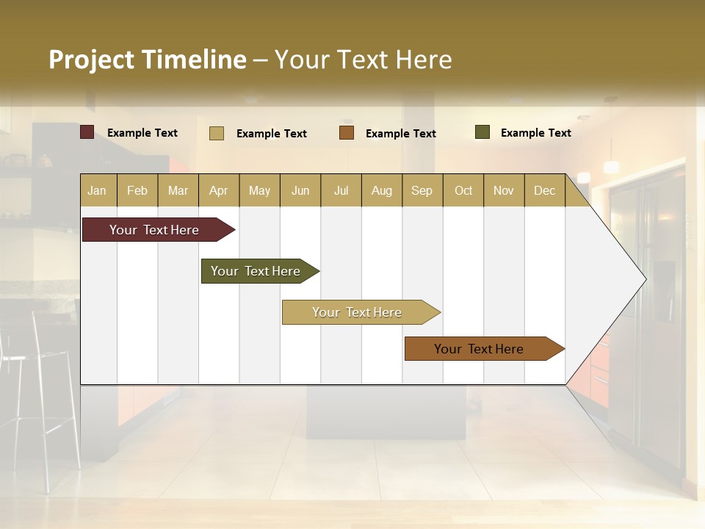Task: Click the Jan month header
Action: [97, 190]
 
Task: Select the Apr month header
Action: [218, 190]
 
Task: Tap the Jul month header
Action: [341, 190]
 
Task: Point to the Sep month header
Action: [422, 190]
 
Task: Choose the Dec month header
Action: [544, 190]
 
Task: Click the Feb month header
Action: [137, 190]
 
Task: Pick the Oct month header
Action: [463, 190]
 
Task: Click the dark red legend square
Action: [87, 132]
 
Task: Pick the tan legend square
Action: [217, 133]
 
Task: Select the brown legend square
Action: [347, 133]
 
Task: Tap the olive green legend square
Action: [482, 132]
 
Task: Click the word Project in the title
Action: [91, 60]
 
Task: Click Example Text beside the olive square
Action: [535, 132]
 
